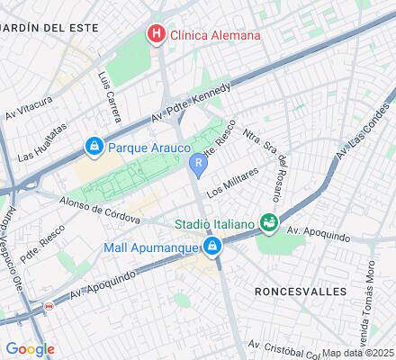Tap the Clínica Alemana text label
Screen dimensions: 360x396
point(216,35)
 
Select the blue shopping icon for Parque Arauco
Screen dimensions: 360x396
point(94,146)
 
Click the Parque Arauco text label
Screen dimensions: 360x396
point(149,146)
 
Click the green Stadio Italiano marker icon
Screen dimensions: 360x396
point(267,221)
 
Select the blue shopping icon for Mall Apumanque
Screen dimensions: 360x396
point(212,250)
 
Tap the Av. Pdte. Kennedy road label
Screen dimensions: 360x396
point(191,103)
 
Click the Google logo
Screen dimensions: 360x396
point(29,349)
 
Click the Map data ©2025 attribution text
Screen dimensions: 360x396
point(358,353)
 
